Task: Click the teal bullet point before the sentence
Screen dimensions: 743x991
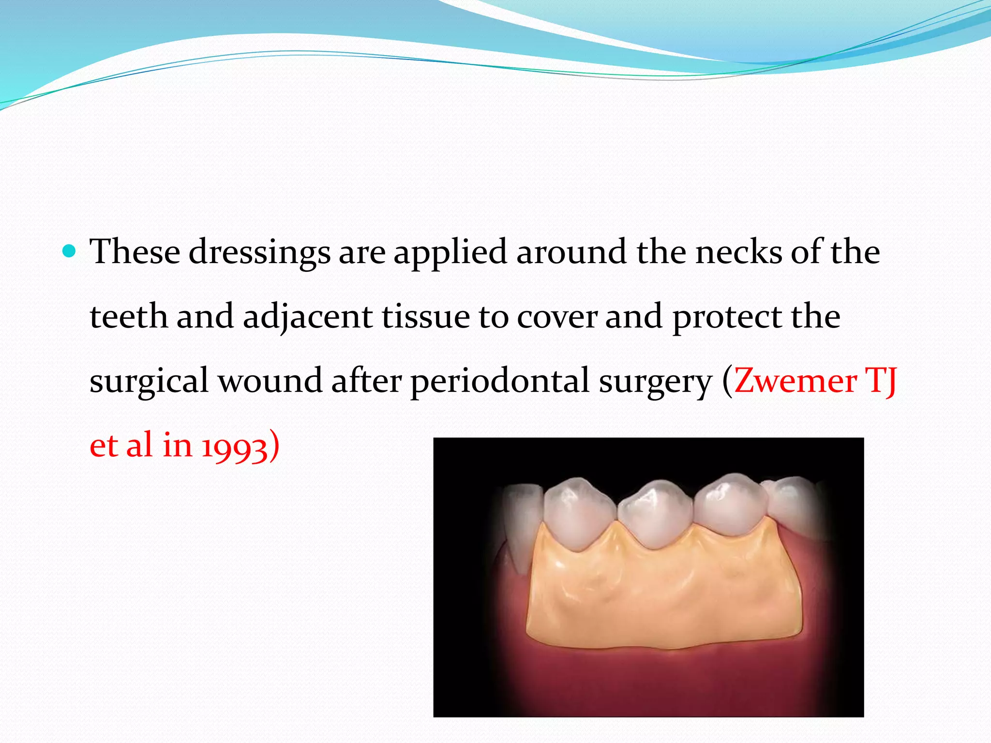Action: coord(70,252)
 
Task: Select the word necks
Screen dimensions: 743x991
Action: coord(738,253)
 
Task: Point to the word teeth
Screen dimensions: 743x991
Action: coord(129,317)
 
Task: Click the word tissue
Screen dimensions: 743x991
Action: coord(426,317)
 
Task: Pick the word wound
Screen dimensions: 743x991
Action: coord(270,381)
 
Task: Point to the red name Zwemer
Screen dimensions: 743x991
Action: coord(795,381)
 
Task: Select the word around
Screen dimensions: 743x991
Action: coord(571,253)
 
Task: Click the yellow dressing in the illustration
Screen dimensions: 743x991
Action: coord(663,595)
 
